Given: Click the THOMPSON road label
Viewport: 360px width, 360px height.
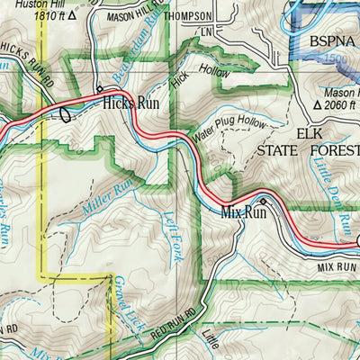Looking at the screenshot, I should point(186,16).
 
